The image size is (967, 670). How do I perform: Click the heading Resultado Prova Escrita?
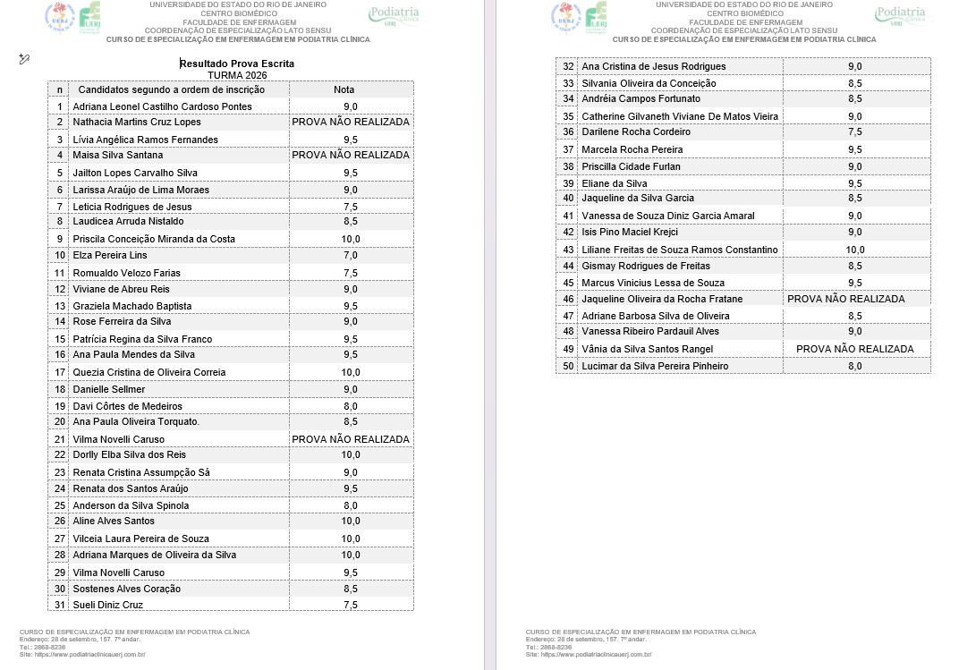tap(237, 64)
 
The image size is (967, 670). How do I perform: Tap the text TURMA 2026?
tap(237, 75)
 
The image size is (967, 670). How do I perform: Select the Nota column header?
tap(344, 89)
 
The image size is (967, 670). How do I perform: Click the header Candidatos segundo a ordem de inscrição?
tap(172, 89)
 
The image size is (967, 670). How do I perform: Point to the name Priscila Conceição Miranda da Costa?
tap(154, 239)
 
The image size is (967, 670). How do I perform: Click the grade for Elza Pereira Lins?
tap(351, 256)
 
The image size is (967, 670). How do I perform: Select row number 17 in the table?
tap(60, 372)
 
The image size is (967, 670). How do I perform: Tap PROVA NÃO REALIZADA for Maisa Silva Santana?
tap(351, 155)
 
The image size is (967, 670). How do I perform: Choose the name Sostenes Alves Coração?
tap(127, 589)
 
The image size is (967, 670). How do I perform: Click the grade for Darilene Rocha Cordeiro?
tap(854, 131)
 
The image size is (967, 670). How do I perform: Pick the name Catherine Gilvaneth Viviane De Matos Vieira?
tap(680, 116)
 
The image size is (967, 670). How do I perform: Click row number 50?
tap(568, 366)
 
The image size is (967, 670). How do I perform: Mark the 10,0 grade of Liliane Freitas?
tap(855, 250)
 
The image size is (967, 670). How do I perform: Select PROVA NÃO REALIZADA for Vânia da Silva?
tap(855, 349)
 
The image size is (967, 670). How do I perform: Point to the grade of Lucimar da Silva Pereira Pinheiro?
tap(854, 366)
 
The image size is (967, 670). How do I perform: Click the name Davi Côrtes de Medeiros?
tap(127, 406)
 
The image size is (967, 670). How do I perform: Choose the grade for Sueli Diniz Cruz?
tap(351, 605)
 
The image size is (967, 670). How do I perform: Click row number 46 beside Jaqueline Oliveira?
tap(568, 299)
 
